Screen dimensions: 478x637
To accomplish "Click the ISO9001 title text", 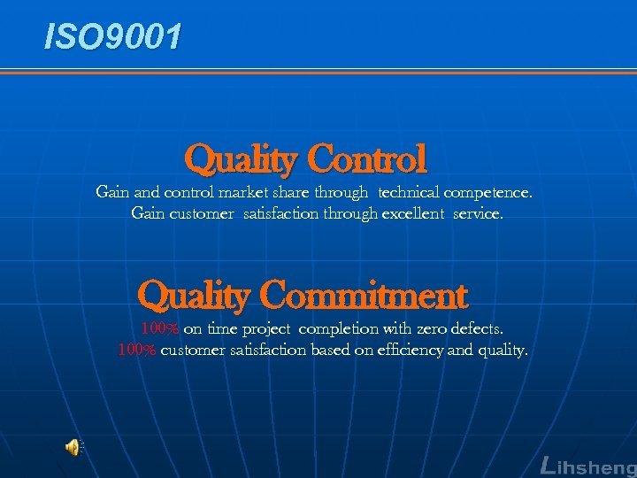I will tap(114, 36).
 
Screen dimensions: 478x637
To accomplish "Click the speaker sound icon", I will tap(73, 448).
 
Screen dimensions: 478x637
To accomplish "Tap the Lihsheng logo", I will tap(587, 466).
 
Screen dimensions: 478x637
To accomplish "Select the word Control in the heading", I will tap(367, 160).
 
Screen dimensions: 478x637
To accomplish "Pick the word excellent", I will tap(413, 213).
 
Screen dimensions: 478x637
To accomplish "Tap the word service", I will tap(478, 213).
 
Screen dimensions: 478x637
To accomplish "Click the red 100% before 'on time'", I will tap(160, 329).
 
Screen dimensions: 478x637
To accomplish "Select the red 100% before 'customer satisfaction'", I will tap(137, 351).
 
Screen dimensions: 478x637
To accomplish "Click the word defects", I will tap(478, 329).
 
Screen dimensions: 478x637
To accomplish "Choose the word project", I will tap(269, 329).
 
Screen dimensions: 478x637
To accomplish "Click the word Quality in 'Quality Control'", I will tap(241, 160).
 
